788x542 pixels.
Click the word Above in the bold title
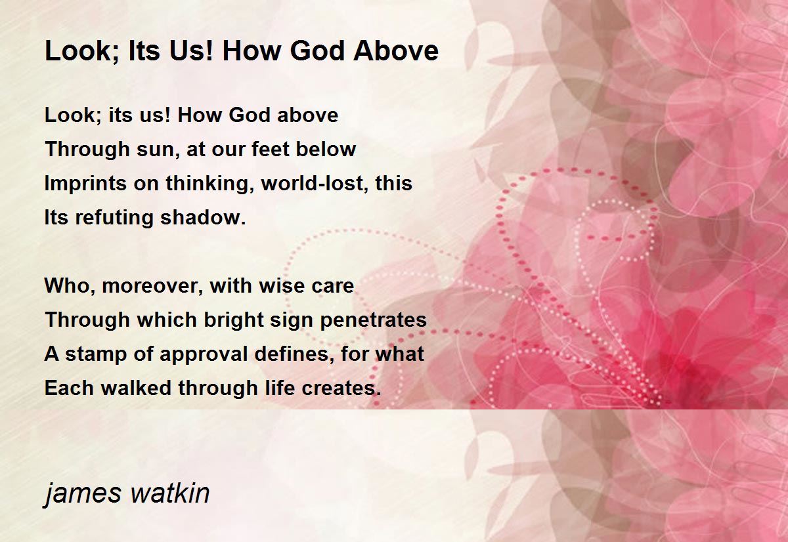coord(396,51)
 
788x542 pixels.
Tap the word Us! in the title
coord(192,51)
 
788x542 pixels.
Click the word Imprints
coord(85,184)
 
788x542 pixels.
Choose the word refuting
coord(114,218)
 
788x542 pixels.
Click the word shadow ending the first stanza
coord(203,217)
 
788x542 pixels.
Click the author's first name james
coord(83,494)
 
